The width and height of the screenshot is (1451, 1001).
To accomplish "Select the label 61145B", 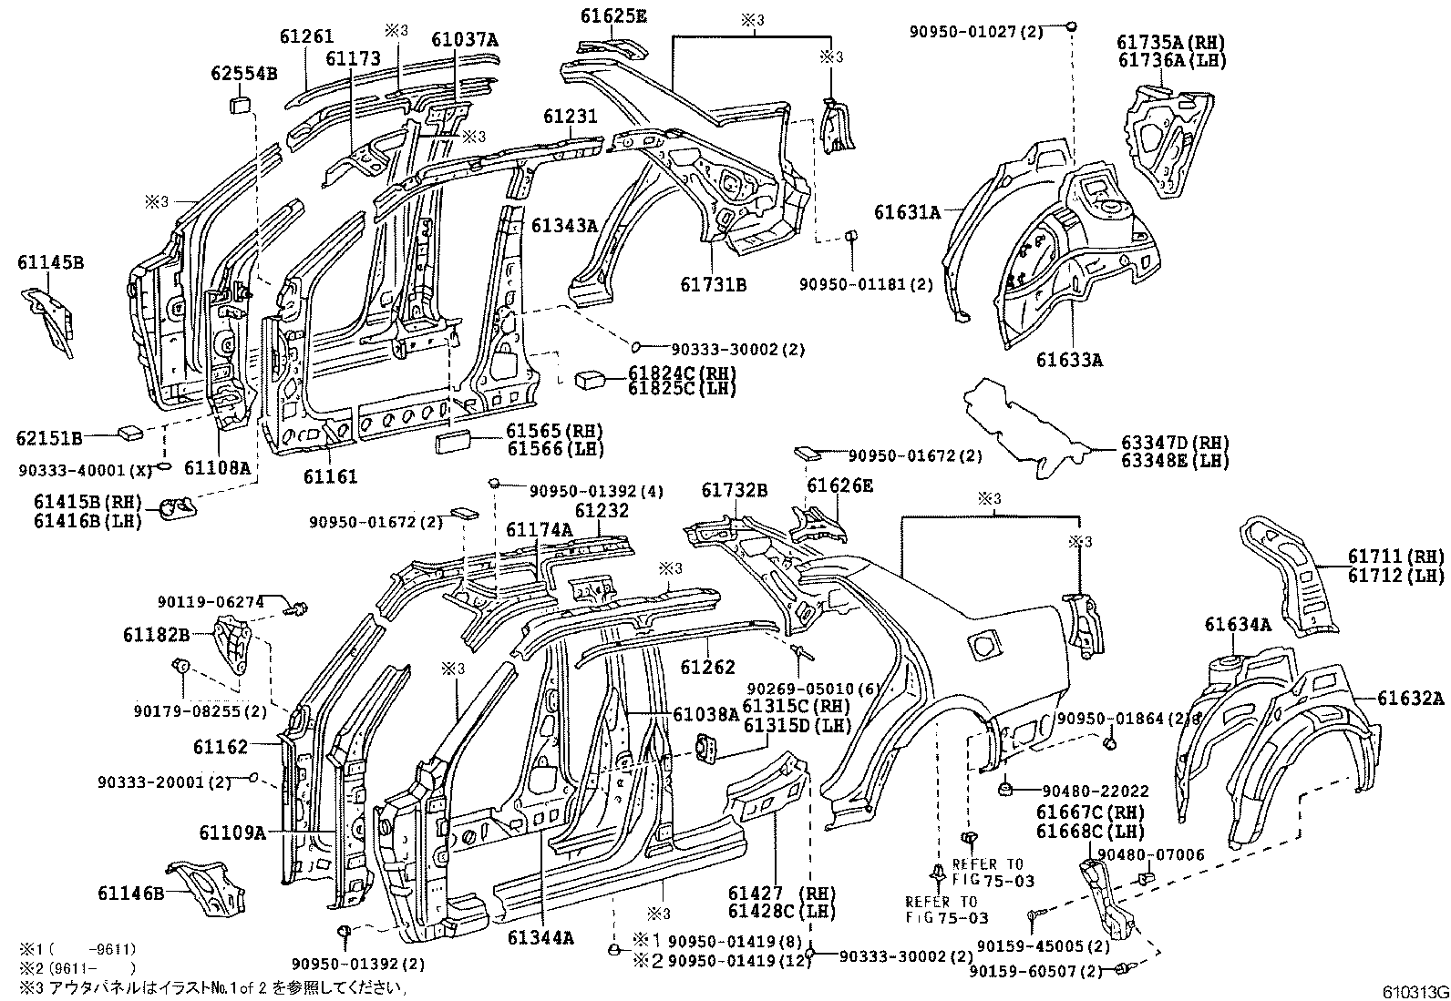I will [50, 263].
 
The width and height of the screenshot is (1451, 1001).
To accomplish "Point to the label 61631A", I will [906, 212].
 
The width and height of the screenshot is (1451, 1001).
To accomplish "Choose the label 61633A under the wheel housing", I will [1068, 359].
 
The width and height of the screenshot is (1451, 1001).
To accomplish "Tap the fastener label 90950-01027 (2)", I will [987, 32].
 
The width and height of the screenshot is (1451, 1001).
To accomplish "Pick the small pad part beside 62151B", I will [128, 430].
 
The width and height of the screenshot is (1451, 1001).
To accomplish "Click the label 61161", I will [330, 475].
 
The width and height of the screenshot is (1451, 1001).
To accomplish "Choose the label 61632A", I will [1410, 699].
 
